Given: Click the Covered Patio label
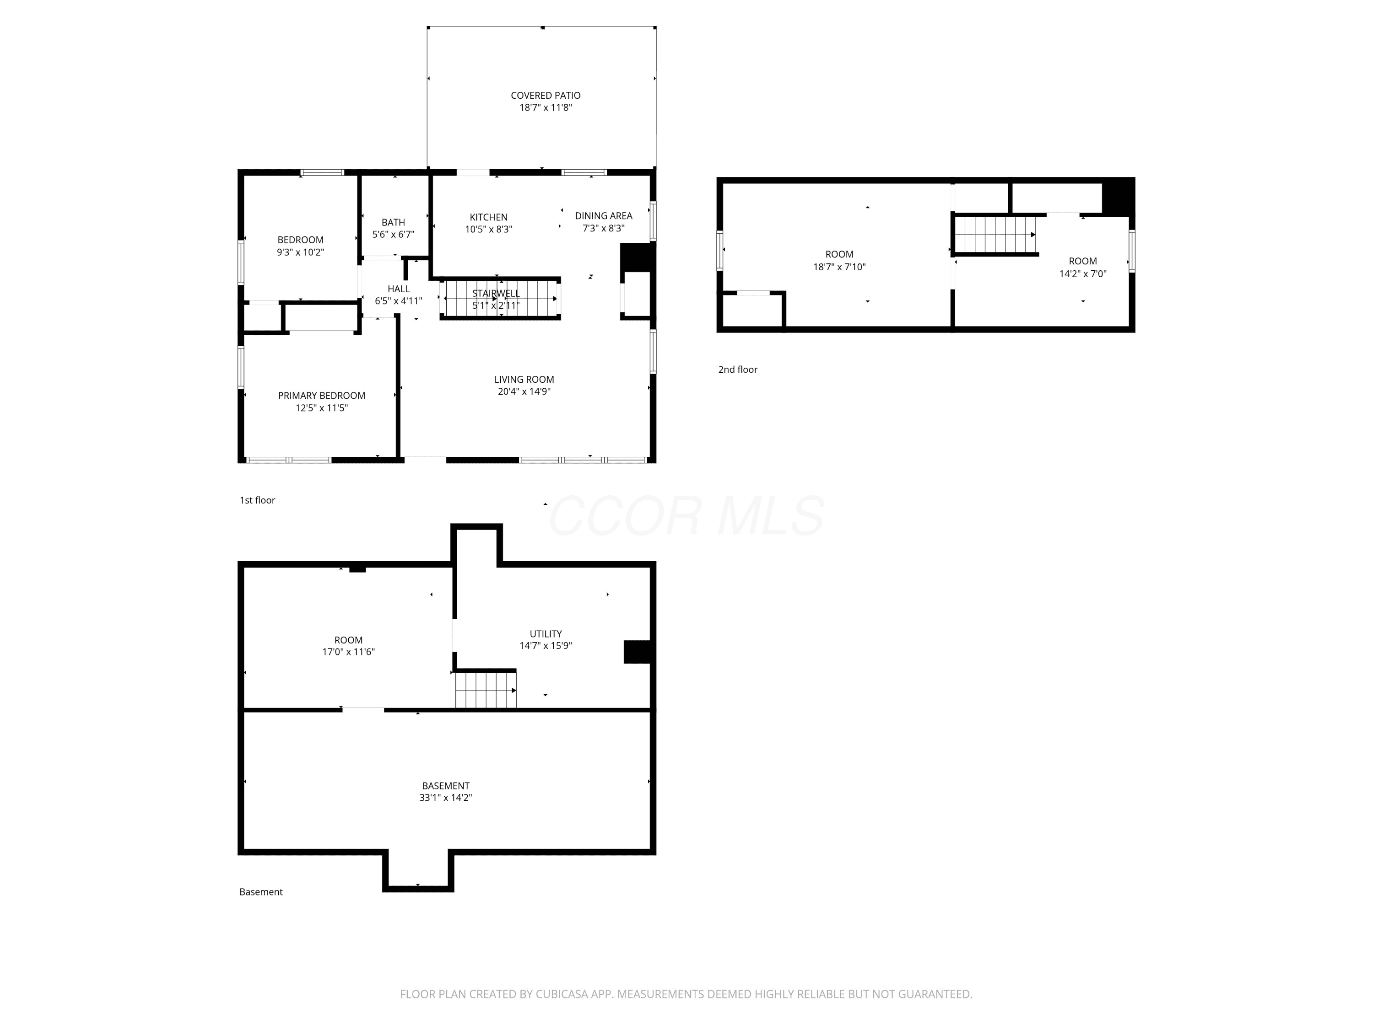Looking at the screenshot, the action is point(546,96).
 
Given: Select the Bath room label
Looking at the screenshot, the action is point(393,222).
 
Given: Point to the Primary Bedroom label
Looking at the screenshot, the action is point(322,396).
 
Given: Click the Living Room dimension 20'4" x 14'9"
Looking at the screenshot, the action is point(524,391).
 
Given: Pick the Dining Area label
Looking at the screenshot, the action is point(603,216).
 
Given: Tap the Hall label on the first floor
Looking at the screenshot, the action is point(399,289).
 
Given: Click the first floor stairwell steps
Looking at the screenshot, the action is point(500,299).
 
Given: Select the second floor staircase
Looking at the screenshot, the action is point(995,235).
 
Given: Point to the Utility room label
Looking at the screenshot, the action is point(546,634).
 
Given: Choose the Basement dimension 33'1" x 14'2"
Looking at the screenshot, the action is point(446,798).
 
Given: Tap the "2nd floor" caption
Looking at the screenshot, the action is point(738,370).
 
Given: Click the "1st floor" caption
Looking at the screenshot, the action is point(258,500).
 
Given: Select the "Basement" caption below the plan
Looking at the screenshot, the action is point(261,892).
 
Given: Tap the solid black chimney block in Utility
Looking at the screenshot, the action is point(637,652).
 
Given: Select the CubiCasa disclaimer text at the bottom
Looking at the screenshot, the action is point(686,994).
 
